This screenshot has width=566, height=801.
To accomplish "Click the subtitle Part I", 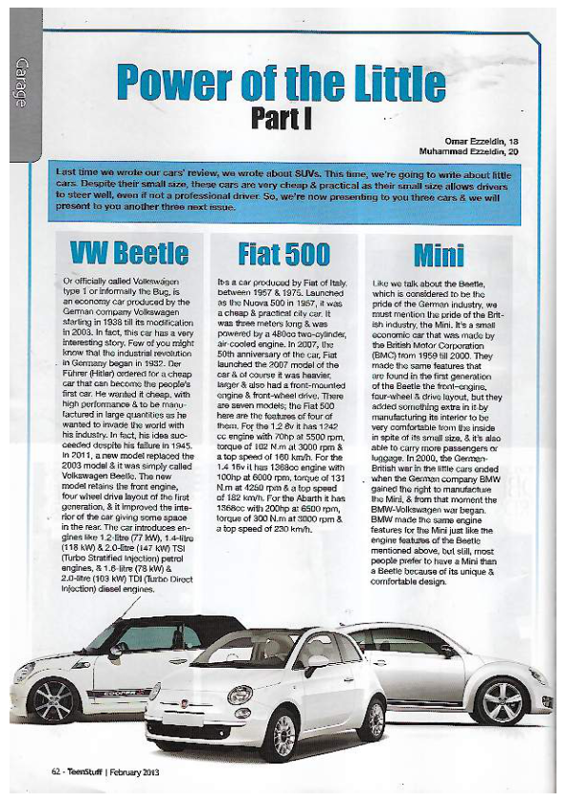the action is [282, 117].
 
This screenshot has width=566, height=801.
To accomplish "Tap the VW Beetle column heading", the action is [128, 253].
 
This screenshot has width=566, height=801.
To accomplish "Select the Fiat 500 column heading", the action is [283, 253].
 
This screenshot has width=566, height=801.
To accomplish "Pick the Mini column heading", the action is [439, 254].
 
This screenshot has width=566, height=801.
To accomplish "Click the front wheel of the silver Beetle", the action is [501, 701].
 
